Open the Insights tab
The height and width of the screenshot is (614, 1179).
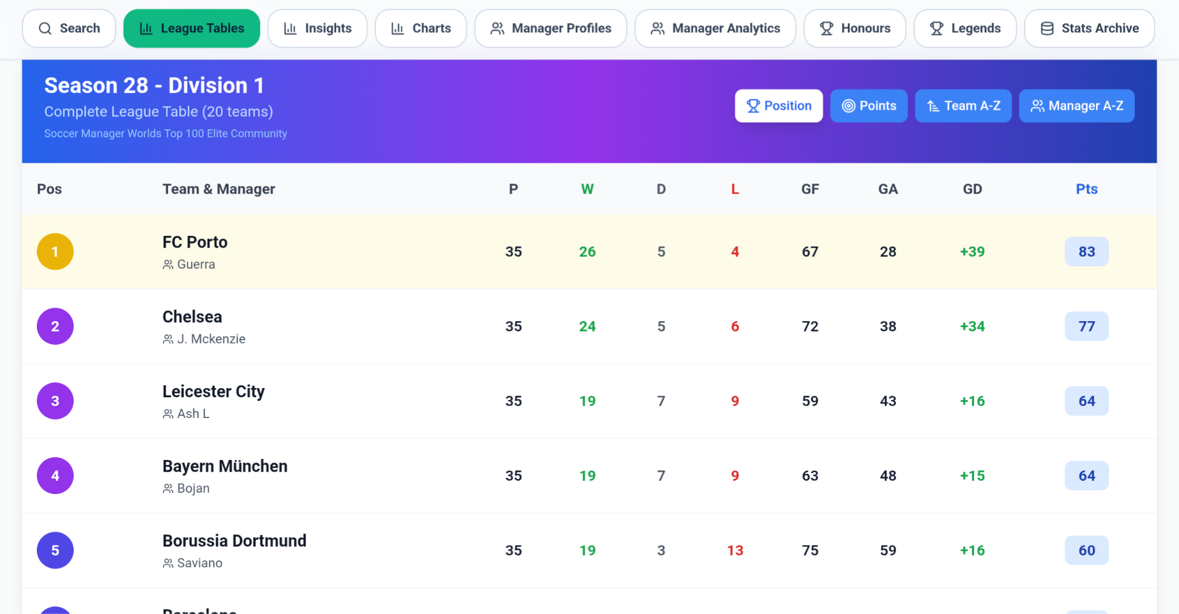317,28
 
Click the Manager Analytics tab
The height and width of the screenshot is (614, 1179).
715,28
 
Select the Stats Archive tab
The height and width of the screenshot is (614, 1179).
1089,28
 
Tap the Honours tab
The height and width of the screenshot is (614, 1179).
855,28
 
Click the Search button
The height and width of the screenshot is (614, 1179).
69,28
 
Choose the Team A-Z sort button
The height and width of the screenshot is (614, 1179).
963,106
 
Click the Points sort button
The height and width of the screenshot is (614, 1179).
869,106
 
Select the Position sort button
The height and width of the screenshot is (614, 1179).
779,106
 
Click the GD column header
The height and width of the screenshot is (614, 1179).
972,189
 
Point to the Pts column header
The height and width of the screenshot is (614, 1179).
1086,189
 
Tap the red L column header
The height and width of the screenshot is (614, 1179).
735,189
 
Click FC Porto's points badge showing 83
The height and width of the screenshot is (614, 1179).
1086,251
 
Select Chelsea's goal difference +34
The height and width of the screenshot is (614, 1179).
972,326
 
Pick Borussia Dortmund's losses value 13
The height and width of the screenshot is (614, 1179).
735,551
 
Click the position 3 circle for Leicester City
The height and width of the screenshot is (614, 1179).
55,401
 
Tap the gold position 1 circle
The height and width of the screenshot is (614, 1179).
55,251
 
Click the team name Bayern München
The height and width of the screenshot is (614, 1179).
225,466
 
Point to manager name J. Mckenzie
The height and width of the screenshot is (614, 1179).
211,339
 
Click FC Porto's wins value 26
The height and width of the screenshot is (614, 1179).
587,251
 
